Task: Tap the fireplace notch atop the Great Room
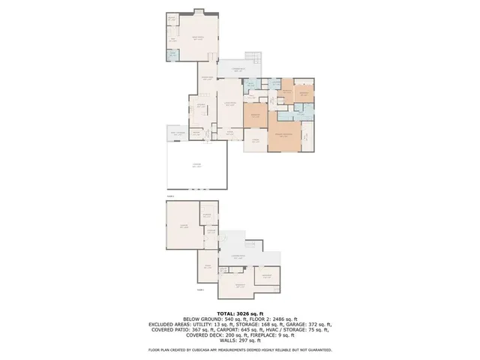tap(198, 10)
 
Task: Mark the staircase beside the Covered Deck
tap(256, 60)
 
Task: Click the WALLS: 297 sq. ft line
tap(239, 342)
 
